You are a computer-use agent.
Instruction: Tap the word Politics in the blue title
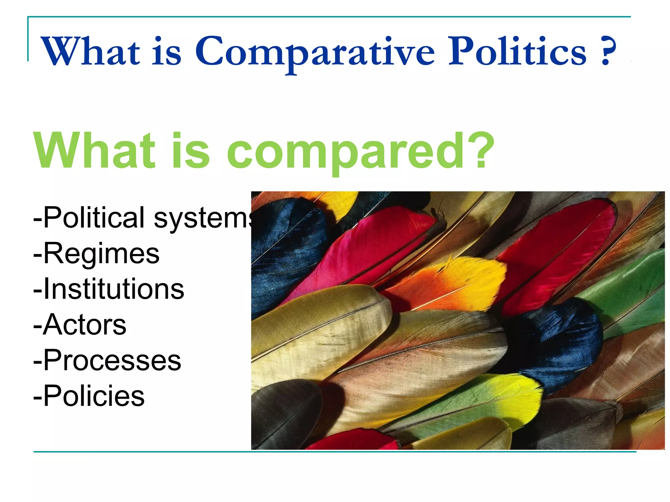[517, 52]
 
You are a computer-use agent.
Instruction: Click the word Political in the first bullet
[94, 218]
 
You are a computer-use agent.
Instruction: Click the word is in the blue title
[167, 52]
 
